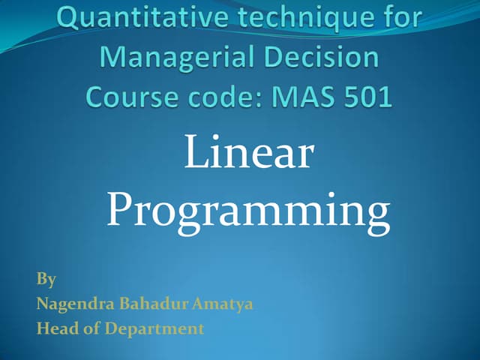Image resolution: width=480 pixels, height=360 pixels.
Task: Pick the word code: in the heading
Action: pyautogui.click(x=221, y=97)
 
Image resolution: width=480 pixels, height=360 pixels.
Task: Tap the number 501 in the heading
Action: pyautogui.click(x=366, y=97)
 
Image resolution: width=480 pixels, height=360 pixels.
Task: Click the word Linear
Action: pyautogui.click(x=248, y=154)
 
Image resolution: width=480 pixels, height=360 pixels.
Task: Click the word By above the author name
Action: pyautogui.click(x=46, y=280)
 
